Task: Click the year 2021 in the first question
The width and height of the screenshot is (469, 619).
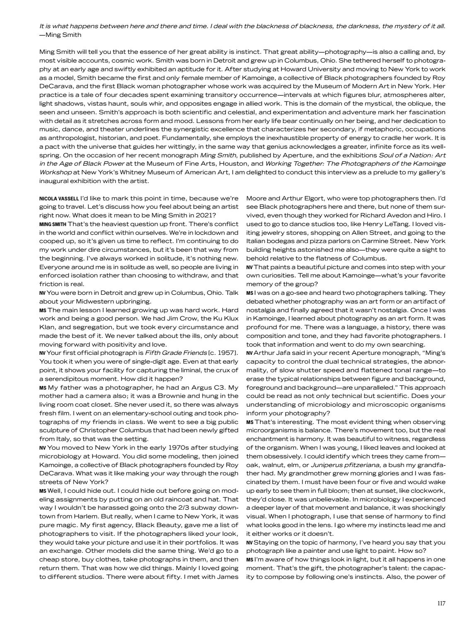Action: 203,215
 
